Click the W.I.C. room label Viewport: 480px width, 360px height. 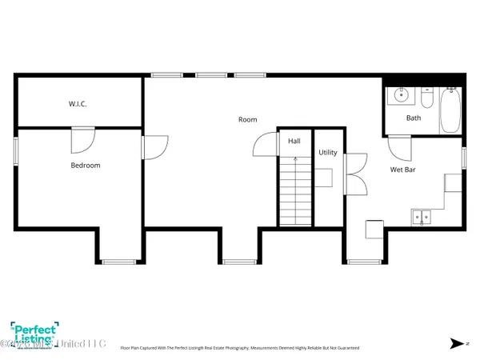(78, 104)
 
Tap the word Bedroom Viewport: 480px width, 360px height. (86, 166)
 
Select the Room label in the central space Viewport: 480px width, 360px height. (248, 120)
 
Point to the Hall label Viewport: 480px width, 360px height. (294, 141)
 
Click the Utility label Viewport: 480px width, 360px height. (328, 152)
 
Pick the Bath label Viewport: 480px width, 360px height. (414, 118)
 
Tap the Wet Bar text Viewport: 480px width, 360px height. (402, 170)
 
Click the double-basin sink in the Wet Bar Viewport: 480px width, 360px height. (421, 215)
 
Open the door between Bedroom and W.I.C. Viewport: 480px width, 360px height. (82, 141)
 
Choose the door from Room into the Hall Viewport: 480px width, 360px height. (265, 145)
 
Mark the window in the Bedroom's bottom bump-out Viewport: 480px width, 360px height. (118, 262)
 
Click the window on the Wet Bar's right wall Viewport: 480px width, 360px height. (465, 157)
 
